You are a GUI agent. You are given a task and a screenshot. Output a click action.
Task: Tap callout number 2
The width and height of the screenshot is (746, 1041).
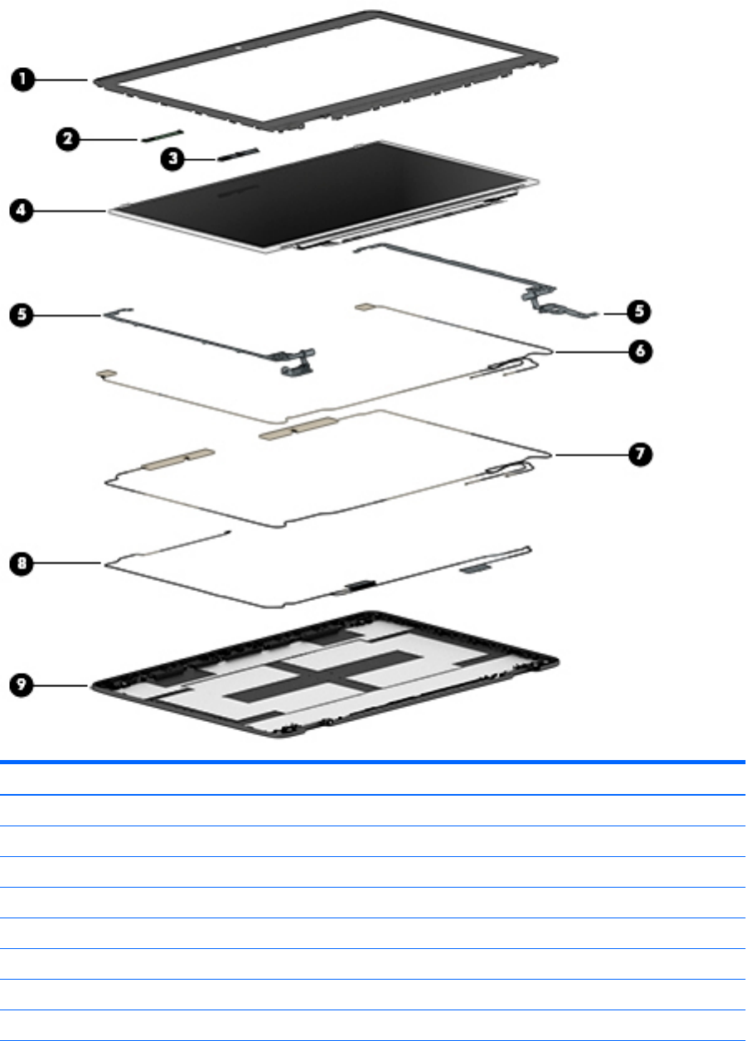click(x=69, y=139)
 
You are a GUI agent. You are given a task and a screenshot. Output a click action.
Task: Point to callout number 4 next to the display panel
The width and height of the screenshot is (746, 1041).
click(x=22, y=211)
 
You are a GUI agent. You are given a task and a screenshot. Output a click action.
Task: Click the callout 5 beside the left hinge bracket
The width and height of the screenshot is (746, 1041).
click(x=22, y=314)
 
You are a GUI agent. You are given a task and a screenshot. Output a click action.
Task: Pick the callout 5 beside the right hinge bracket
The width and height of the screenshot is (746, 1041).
click(x=639, y=312)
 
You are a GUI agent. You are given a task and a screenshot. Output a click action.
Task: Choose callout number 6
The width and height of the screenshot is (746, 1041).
click(x=639, y=351)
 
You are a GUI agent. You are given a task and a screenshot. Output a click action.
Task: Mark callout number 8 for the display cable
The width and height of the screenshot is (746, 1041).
click(x=22, y=564)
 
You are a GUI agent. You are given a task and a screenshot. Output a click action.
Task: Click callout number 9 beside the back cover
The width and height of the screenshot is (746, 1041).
click(x=22, y=685)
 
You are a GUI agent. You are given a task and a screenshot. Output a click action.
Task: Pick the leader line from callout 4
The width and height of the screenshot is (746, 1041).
click(x=70, y=212)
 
